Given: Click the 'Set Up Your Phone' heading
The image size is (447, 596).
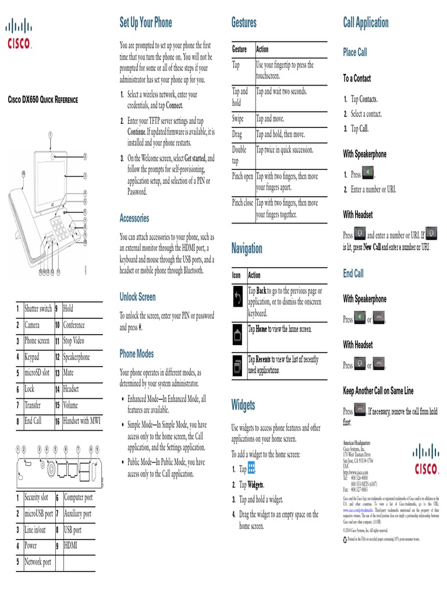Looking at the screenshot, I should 146,23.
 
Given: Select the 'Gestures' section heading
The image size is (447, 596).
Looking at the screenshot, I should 244,23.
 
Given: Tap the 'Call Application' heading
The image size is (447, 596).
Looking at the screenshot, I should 366,23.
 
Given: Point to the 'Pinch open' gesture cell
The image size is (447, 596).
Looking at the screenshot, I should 243,176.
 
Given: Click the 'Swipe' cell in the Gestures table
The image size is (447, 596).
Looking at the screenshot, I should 238,119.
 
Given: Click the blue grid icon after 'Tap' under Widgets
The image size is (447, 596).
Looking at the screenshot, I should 251,469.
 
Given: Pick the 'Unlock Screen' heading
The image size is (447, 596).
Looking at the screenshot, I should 137,297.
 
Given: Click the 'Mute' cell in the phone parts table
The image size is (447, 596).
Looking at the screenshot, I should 69,372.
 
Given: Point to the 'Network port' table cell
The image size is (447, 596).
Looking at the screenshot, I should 38,562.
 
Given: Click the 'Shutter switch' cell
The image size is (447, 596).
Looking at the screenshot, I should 38,308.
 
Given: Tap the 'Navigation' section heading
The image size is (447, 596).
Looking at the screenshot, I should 247,249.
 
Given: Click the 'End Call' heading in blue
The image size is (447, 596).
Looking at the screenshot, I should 353,273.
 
